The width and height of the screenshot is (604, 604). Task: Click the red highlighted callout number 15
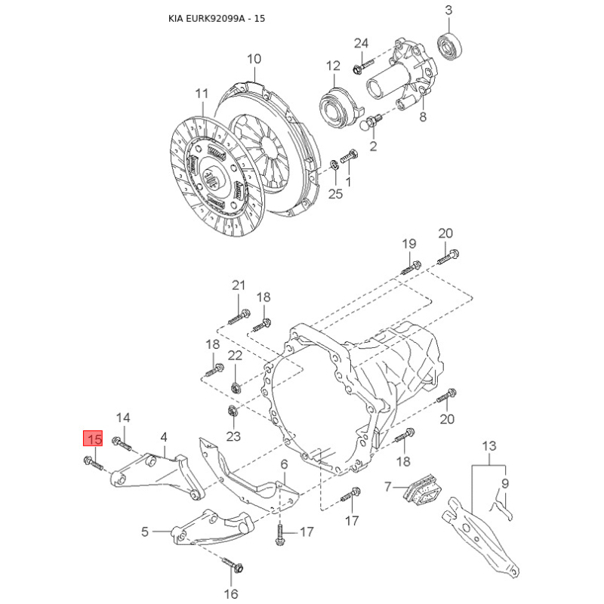[x=93, y=439]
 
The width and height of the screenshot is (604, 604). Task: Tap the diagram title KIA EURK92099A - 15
[x=217, y=18]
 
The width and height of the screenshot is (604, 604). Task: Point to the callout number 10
[x=254, y=59]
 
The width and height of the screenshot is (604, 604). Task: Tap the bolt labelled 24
[x=363, y=66]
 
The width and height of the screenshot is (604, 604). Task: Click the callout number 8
[x=423, y=116]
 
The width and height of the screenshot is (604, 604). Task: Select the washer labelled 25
[x=334, y=165]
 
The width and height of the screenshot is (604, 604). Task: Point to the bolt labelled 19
[x=411, y=267]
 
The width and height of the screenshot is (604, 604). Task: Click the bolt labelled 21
[x=239, y=316]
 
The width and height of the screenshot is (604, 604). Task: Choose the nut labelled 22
[x=234, y=387]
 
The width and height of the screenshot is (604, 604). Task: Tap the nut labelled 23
[x=233, y=411]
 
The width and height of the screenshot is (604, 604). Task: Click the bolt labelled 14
[x=122, y=444]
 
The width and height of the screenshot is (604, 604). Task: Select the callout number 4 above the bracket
[x=164, y=437]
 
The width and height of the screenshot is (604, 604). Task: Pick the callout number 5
[x=145, y=532]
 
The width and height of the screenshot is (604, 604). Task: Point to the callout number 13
[x=489, y=446]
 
